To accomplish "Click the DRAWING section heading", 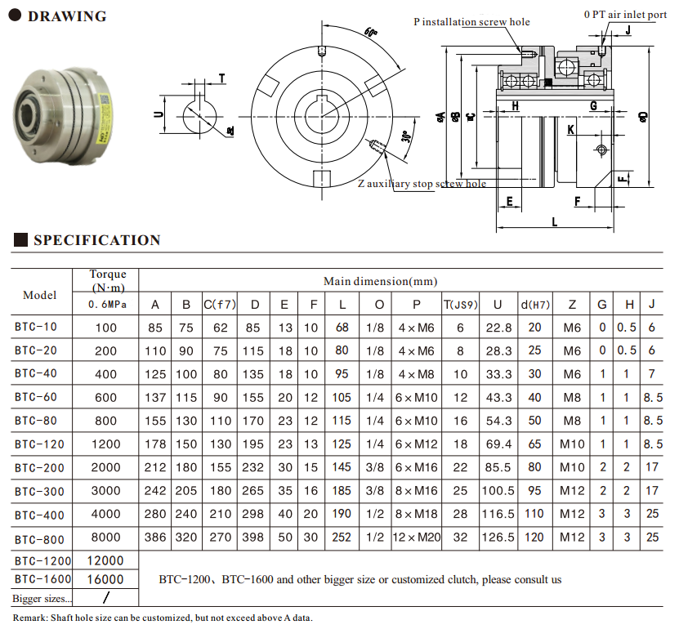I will pos(67,16).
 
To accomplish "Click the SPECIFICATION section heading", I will pos(96,240).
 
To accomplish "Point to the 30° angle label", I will pos(406,137).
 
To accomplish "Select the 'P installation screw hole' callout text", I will pos(471,22).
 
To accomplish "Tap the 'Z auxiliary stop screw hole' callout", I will pos(422,184).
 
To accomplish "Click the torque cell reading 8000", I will pos(106,538).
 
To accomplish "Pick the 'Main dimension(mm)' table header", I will pos(380,281).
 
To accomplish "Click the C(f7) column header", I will pos(219,305).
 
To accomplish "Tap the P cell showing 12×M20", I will pos(417,538).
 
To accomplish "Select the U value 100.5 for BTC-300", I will pos(498,491).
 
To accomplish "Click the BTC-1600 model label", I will pos(42,578).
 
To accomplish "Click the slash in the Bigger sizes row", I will pos(105,598).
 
